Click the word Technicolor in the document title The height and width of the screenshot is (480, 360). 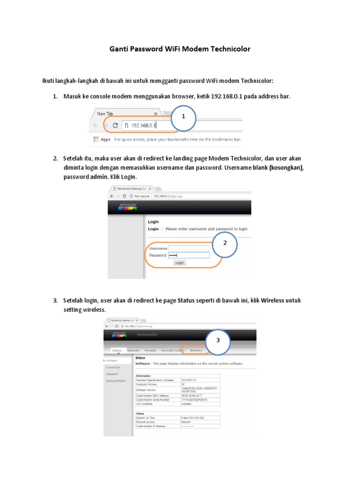tap(227, 49)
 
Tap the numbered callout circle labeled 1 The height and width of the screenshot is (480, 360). tap(183, 116)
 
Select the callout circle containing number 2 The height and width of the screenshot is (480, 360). tap(225, 243)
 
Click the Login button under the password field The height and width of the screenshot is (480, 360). tap(180, 262)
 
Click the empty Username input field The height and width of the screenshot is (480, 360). tap(188, 248)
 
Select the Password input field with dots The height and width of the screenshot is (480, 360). tap(188, 255)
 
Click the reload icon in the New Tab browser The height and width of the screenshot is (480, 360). tap(115, 125)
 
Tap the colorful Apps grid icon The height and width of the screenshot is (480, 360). tap(96, 139)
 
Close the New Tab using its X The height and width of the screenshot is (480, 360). tap(156, 113)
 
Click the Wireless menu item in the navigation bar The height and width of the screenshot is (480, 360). tap(196, 350)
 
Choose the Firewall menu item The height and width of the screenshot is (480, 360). tap(150, 350)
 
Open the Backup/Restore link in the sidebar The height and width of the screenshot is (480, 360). tap(116, 381)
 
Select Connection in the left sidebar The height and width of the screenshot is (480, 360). tap(113, 367)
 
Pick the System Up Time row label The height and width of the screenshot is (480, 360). tap(146, 418)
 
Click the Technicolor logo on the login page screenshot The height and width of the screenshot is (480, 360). tap(127, 206)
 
